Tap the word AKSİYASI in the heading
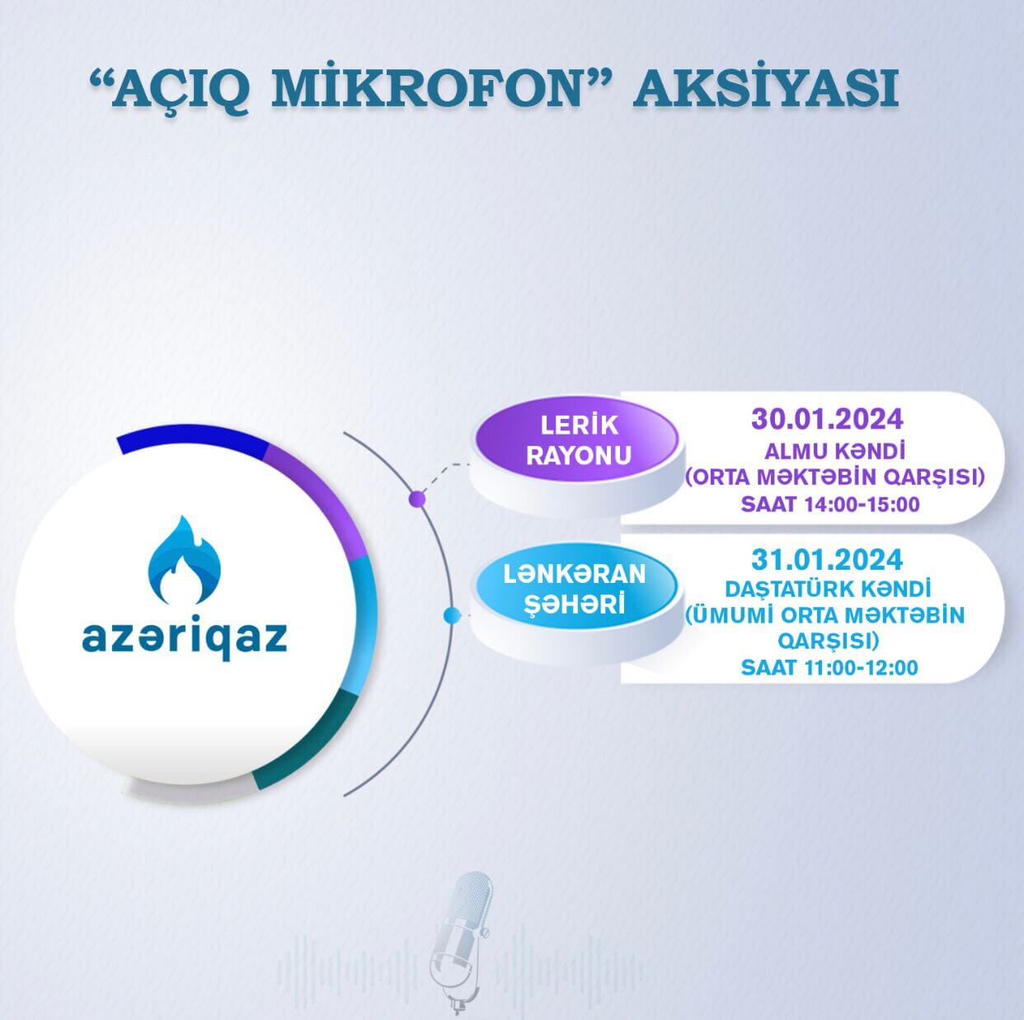tap(764, 90)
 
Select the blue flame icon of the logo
tap(185, 562)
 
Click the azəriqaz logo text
tap(185, 637)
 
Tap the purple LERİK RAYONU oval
tap(579, 440)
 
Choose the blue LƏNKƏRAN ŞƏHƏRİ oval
tap(575, 588)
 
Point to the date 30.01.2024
tap(826, 418)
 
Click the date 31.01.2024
tap(826, 560)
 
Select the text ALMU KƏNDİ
tap(835, 451)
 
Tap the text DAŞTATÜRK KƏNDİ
tap(827, 590)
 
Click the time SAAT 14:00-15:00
tap(829, 504)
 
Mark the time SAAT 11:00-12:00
tap(829, 667)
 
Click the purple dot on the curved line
tap(417, 499)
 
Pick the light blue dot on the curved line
tap(451, 615)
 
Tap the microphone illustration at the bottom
tap(463, 940)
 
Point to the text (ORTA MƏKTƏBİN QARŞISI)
tap(835, 477)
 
